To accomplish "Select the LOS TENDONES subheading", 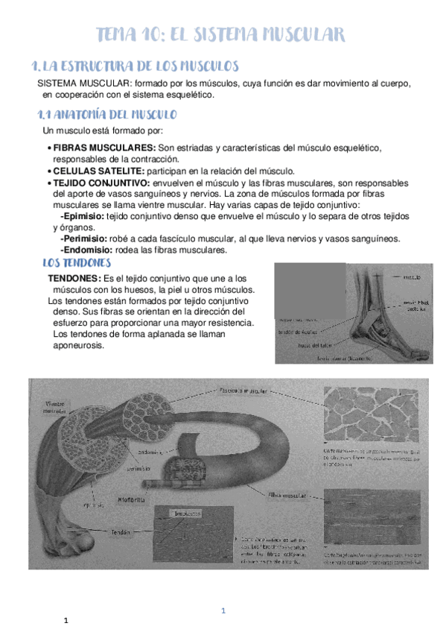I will [x=77, y=264].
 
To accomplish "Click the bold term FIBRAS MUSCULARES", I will [x=104, y=148].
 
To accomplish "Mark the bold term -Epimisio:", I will [x=83, y=216].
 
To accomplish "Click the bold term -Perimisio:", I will [x=85, y=238].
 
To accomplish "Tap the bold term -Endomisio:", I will [x=86, y=250].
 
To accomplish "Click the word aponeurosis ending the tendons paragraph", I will [x=79, y=345].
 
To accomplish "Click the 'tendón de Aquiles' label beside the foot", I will [x=299, y=332].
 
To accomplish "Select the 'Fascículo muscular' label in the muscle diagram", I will [x=243, y=390].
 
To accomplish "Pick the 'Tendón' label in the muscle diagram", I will [x=121, y=532].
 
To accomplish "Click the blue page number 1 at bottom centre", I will [x=223, y=611].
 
